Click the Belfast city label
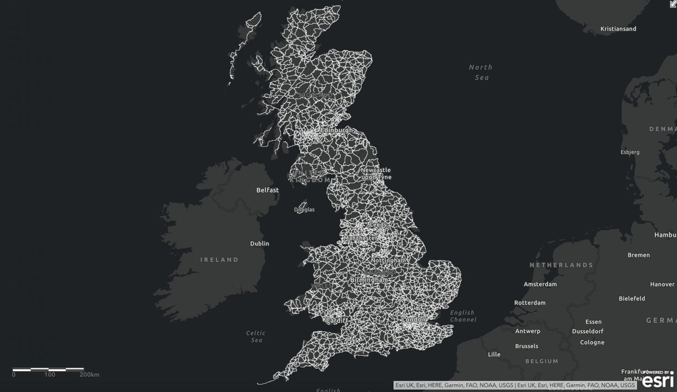267,190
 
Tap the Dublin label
260,244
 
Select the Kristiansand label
618,29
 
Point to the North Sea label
480,72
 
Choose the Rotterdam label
530,303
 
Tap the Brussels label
526,346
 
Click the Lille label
494,355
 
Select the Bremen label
639,255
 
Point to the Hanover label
647,284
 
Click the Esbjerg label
631,152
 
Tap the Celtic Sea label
255,337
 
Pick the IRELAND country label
219,260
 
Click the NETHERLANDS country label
561,265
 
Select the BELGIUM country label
540,361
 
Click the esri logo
657,381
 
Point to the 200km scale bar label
90,375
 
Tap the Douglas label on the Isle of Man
305,210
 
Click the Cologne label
591,342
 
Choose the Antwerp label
528,331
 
